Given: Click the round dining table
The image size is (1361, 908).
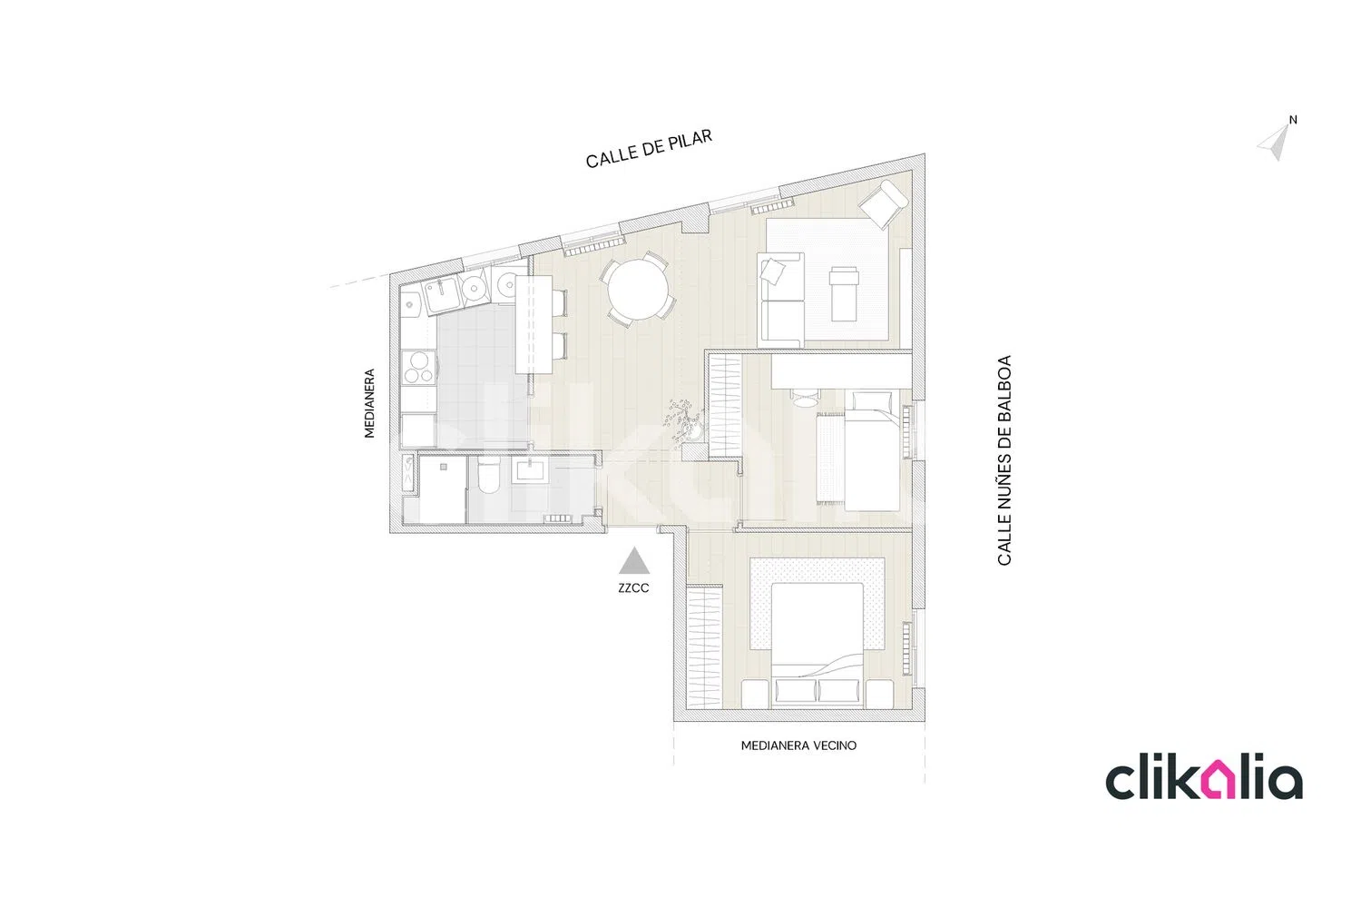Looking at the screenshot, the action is tap(638, 290).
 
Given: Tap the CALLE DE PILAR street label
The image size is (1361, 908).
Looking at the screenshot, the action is tap(649, 148).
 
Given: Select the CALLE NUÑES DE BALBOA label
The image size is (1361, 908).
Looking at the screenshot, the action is tap(1004, 460).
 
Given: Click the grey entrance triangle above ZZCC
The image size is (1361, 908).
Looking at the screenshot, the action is tap(634, 560).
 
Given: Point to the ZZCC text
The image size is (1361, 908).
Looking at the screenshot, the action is tap(633, 588).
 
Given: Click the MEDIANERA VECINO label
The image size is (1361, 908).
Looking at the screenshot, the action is tap(798, 745).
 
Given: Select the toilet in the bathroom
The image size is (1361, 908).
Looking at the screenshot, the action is tap(488, 476).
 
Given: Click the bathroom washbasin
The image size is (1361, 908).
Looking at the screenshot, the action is tap(532, 470).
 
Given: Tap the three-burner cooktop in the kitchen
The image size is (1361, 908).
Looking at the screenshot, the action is tap(419, 368).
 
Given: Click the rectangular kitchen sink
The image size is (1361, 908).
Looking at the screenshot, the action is tap(443, 296).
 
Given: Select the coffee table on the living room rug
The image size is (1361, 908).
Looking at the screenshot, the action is tap(844, 294).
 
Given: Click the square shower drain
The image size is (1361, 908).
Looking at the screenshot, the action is tap(444, 467).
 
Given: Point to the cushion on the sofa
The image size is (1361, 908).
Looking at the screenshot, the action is tap(772, 271).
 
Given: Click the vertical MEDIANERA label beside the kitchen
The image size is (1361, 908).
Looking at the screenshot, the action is tap(369, 403).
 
